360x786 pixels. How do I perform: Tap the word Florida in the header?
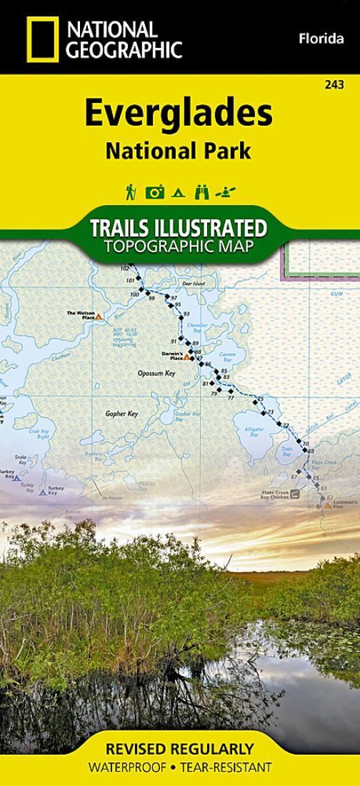point(321,39)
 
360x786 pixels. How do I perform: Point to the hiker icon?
point(131,191)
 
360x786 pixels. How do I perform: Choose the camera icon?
point(155,191)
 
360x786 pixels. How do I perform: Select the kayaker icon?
point(228,191)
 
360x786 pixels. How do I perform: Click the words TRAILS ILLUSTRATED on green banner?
point(179,229)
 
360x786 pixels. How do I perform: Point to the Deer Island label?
point(193,284)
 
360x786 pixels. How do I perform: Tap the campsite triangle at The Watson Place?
point(99,316)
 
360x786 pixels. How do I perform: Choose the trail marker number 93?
point(186,314)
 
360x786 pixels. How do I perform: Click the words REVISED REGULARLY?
point(179,750)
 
